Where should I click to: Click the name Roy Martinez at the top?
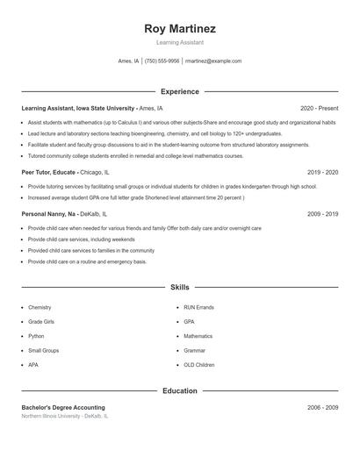click(x=179, y=28)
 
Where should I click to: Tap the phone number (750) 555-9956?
click(x=162, y=61)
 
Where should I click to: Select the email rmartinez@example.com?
click(x=213, y=61)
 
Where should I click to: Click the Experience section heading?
click(x=179, y=91)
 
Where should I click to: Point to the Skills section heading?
click(x=179, y=287)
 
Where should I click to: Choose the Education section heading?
click(x=179, y=390)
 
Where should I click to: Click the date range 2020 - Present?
click(x=319, y=108)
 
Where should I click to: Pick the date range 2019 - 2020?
click(x=322, y=173)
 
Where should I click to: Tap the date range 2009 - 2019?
click(x=322, y=213)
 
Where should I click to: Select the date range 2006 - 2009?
click(x=322, y=407)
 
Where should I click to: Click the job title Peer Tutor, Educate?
click(x=49, y=173)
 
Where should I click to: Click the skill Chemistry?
click(x=40, y=308)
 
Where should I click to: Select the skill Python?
click(x=36, y=336)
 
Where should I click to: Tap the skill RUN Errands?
click(x=198, y=308)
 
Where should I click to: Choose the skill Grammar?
click(x=197, y=350)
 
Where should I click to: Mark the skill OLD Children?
click(x=198, y=364)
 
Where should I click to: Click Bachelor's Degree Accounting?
click(x=63, y=407)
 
